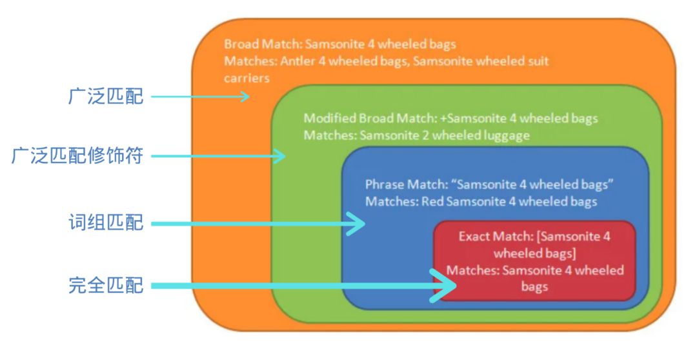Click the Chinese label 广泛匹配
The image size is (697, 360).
pos(106,97)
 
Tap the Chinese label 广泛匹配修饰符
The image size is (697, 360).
pos(77,155)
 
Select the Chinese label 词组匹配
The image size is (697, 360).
pos(106,224)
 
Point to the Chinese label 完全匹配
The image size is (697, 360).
pos(106,285)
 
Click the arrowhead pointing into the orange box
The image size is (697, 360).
pos(244,97)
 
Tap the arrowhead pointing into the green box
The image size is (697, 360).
pos(279,155)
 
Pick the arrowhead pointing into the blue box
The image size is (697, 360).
pos(356,224)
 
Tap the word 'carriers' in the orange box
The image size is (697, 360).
pos(247,77)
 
